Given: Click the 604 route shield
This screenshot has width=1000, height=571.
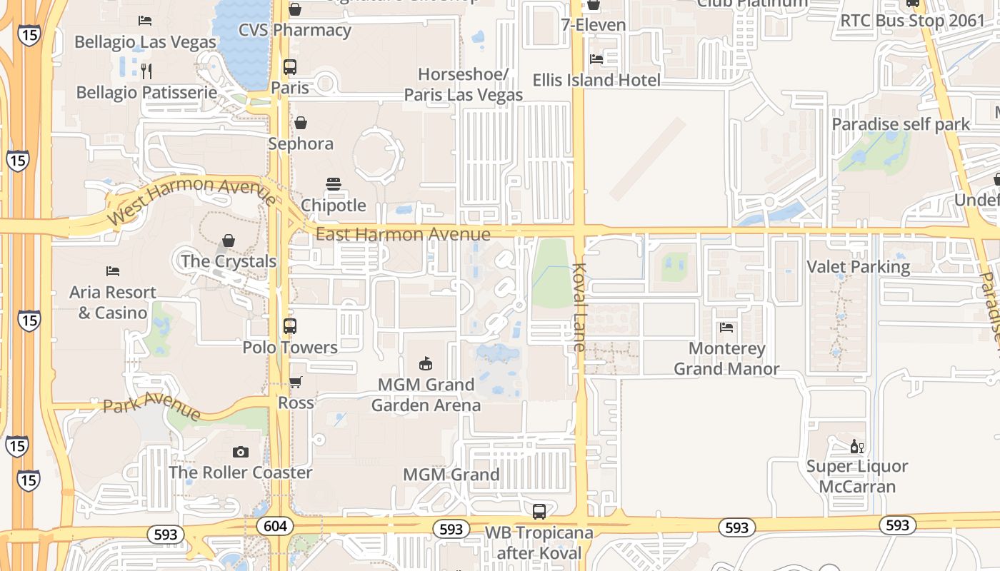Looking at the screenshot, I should tap(275, 527).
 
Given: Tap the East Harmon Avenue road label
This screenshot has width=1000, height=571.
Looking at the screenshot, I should tap(403, 234).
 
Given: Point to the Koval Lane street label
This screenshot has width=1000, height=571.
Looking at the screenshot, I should tap(578, 307).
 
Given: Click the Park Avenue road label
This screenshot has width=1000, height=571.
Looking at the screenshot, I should tap(151, 405).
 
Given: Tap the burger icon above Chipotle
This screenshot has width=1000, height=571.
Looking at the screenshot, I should tap(334, 184).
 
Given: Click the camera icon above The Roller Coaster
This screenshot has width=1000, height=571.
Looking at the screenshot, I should tap(241, 452).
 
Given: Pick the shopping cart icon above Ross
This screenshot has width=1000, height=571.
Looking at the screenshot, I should tap(296, 382).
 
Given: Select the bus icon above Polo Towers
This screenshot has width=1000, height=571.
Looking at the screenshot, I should tap(289, 326).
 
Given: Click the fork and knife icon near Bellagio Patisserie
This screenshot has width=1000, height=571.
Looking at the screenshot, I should tap(146, 71).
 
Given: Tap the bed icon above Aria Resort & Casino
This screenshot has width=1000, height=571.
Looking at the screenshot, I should tap(113, 271).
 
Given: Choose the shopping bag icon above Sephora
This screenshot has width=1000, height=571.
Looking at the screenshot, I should tap(301, 123).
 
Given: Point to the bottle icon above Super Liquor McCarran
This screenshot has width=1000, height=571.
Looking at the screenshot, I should tap(856, 447).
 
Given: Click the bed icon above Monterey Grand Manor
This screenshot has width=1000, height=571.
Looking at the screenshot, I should tap(726, 328).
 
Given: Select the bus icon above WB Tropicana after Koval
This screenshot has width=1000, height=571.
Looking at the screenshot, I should tap(539, 512).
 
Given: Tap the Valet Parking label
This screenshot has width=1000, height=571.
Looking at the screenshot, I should tap(858, 267).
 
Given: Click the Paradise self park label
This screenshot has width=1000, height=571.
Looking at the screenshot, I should tap(901, 124).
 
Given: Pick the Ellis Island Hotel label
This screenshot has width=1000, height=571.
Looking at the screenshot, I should tap(596, 80).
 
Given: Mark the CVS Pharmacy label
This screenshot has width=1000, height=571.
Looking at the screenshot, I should tap(294, 30).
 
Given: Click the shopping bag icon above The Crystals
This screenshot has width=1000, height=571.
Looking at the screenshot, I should tap(229, 241).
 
